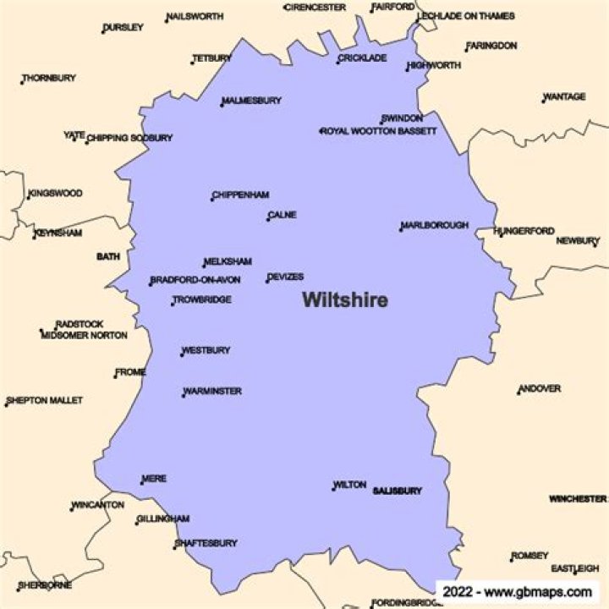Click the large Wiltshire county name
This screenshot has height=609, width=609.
coord(345,300)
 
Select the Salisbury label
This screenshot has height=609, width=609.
coord(397,491)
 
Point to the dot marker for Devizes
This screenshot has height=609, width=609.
coord(267,281)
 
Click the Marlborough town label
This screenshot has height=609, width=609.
coord(435,226)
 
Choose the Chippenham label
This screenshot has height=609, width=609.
coord(241,195)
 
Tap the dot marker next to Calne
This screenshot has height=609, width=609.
coord(268,219)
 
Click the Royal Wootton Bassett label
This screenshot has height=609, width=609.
coord(379,131)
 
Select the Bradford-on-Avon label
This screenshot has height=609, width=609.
coord(196,281)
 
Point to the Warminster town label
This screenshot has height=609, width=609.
coord(213,392)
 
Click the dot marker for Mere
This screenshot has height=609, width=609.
coord(142,483)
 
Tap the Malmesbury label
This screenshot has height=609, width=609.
coord(252,101)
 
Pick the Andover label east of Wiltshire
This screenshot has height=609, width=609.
coord(540,389)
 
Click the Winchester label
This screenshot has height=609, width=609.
coord(577,499)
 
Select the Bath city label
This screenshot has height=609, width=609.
coord(108,256)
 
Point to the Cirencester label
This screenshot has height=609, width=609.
coord(315,7)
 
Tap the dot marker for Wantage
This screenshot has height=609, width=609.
coord(544,101)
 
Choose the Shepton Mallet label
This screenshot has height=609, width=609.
coord(45,400)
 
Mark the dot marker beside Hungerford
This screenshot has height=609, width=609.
coord(501,235)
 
